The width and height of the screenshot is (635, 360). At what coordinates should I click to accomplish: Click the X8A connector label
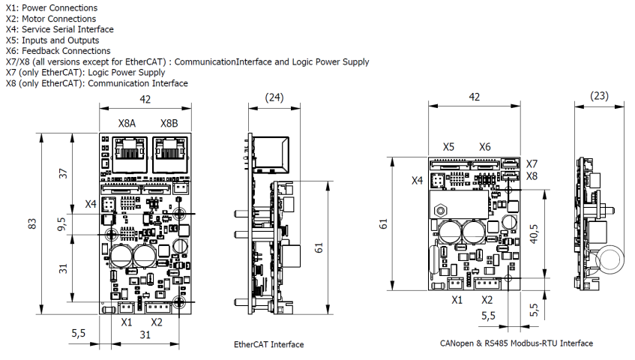pyautogui.click(x=127, y=124)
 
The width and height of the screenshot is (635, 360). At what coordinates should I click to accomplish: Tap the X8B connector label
pyautogui.click(x=169, y=124)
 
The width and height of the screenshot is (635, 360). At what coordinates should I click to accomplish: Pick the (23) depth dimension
pyautogui.click(x=599, y=97)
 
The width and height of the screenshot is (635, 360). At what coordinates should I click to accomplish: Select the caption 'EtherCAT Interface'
pyautogui.click(x=269, y=344)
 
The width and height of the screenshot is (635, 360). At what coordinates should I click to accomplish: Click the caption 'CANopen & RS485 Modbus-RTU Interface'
pyautogui.click(x=517, y=343)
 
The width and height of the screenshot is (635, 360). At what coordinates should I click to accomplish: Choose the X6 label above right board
pyautogui.click(x=485, y=148)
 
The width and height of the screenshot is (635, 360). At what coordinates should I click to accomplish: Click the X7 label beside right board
pyautogui.click(x=532, y=163)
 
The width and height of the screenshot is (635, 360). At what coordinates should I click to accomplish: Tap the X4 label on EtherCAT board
pyautogui.click(x=90, y=204)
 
